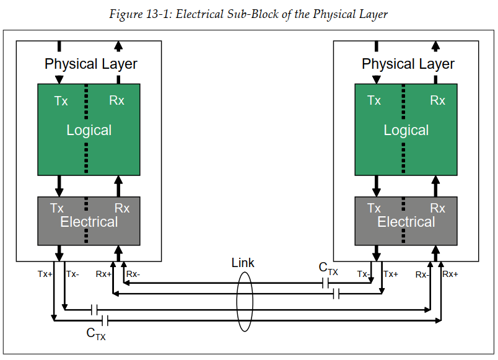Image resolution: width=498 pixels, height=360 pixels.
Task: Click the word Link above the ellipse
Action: (243, 263)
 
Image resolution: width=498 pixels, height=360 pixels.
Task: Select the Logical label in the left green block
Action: (89, 130)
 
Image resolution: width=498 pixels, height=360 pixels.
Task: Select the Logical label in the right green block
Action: (406, 130)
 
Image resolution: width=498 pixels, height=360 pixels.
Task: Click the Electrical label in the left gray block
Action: (89, 222)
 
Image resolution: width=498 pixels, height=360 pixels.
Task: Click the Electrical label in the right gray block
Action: (406, 222)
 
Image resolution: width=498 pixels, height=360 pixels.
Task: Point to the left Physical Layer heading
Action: (91, 64)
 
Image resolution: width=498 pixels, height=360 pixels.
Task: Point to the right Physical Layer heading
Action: (408, 64)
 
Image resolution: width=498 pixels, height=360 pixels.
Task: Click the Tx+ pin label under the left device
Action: (45, 274)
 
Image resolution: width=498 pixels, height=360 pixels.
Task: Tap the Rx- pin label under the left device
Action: (133, 274)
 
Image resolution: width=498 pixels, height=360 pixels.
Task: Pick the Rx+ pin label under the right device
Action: (450, 274)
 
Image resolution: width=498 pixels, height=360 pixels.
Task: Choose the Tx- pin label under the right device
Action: (364, 274)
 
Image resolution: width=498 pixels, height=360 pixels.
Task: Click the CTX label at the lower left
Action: (95, 334)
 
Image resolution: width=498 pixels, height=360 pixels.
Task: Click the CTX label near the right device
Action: (328, 268)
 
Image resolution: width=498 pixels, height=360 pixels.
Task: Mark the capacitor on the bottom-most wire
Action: (106, 320)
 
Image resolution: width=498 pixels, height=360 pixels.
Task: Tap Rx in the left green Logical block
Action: (116, 100)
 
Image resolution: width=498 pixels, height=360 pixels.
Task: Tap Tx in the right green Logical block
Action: (374, 100)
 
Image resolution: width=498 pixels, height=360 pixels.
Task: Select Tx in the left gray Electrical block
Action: (57, 208)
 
